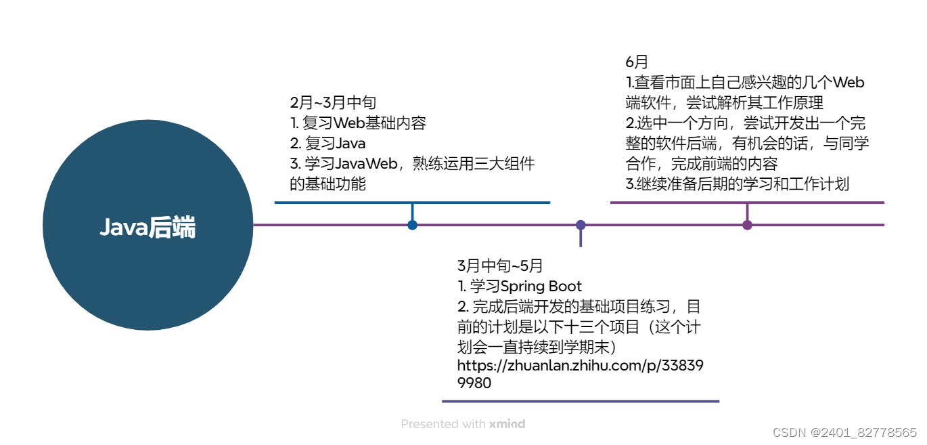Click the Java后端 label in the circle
(148, 228)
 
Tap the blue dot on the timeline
(412, 225)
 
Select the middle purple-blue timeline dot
(581, 225)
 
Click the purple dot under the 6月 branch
(747, 225)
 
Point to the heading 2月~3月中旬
(333, 103)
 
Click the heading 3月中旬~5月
(500, 266)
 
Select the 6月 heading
(637, 62)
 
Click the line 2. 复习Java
(327, 144)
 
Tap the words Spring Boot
(541, 286)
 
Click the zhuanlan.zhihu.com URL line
(580, 366)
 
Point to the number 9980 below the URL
(474, 383)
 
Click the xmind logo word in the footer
(507, 424)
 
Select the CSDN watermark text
(844, 432)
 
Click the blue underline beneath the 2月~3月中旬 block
(412, 202)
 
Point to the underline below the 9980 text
(580, 401)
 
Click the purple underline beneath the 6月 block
(747, 202)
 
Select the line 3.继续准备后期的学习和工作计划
(737, 184)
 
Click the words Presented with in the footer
(443, 424)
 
